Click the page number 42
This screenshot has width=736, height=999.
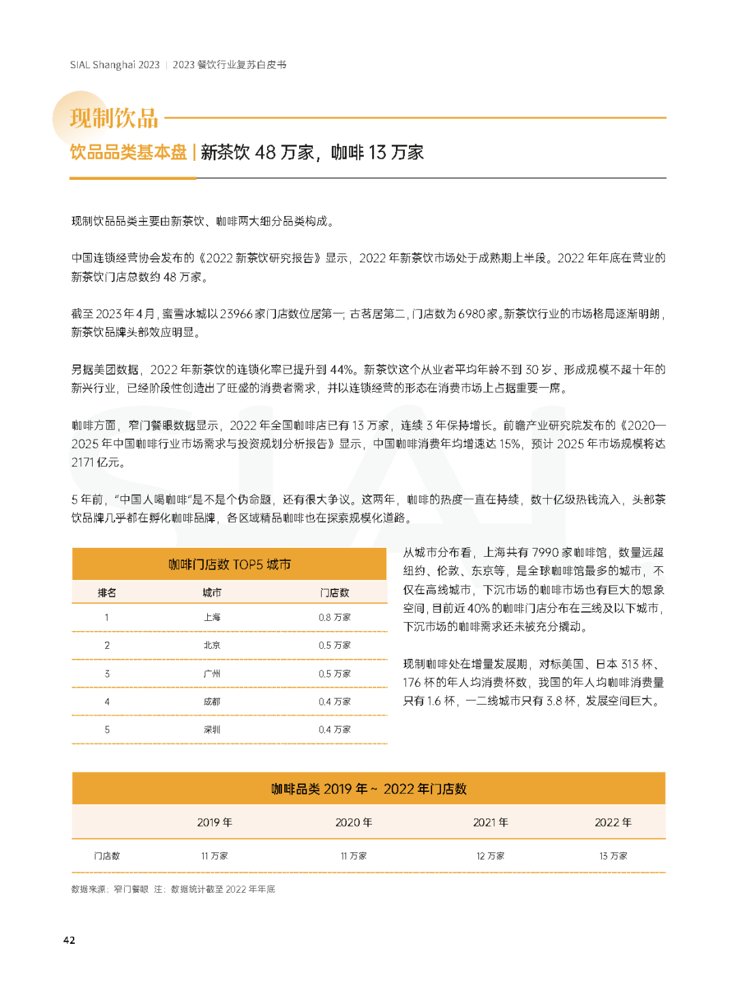[x=69, y=940]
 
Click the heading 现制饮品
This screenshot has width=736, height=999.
[x=114, y=119]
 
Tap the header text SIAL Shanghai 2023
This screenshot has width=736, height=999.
[x=114, y=65]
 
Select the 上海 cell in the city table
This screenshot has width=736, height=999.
[x=212, y=617]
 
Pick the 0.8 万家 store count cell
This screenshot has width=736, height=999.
[x=335, y=617]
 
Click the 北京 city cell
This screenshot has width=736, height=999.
[x=212, y=645]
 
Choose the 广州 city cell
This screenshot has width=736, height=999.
[x=212, y=674]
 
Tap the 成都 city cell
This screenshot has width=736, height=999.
[x=212, y=702]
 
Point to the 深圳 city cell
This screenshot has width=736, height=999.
[x=212, y=730]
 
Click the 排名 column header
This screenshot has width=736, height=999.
[x=107, y=593]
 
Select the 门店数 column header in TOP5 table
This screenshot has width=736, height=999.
[x=335, y=593]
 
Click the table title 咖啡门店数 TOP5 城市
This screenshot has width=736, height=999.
[x=230, y=564]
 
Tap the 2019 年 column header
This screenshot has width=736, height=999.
[x=215, y=823]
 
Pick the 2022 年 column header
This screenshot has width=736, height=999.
[x=613, y=823]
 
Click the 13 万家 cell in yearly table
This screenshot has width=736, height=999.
[x=613, y=856]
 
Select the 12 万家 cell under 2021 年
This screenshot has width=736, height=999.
[x=491, y=856]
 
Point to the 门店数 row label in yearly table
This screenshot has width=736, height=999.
[x=107, y=856]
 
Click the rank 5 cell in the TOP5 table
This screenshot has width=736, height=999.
[x=107, y=730]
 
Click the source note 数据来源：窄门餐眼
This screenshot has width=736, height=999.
[x=110, y=889]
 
